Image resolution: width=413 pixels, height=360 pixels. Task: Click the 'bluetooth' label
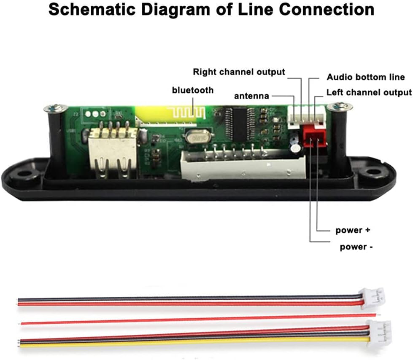pos(192,90)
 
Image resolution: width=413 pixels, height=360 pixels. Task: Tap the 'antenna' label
pos(251,96)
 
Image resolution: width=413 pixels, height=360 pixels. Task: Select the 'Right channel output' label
pos(239,72)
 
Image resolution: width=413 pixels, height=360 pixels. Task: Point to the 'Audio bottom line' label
pos(366,77)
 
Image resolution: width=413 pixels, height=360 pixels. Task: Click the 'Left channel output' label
pos(369,92)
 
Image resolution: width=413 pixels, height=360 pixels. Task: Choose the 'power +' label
pos(352,231)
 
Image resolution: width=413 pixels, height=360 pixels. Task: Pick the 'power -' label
pos(356,247)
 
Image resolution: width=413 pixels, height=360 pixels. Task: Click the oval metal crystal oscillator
pos(197,137)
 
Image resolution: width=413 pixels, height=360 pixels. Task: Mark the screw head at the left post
pos(55,108)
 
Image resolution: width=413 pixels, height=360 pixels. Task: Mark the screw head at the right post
pos(340,106)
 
